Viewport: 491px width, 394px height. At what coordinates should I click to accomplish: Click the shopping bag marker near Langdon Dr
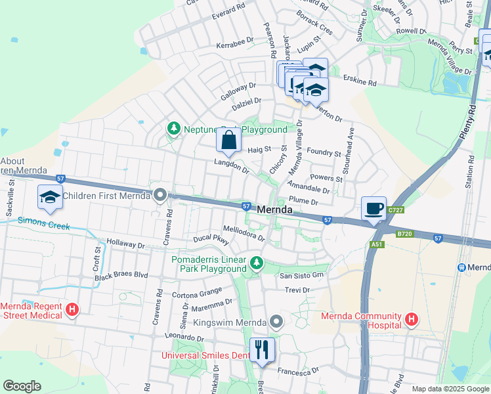tap(228, 141)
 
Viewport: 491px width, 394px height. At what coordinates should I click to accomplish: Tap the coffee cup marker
tap(374, 209)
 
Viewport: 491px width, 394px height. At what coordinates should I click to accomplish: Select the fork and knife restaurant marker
tap(262, 349)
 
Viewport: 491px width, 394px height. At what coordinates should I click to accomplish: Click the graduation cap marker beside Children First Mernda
tap(50, 198)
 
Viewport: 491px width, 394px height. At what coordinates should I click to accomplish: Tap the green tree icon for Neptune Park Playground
tap(174, 129)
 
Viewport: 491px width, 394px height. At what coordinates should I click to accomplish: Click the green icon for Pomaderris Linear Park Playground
tap(256, 264)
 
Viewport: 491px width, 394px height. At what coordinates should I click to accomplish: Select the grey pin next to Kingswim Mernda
tap(276, 322)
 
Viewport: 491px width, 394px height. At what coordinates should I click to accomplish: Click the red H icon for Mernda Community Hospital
tap(412, 320)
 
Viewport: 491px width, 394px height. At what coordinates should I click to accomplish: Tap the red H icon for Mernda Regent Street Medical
tap(72, 310)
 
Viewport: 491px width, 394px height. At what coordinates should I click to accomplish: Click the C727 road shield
tap(395, 210)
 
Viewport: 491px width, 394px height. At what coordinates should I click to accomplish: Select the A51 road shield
tap(376, 244)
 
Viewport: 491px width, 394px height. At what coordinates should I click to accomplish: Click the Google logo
tap(22, 385)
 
